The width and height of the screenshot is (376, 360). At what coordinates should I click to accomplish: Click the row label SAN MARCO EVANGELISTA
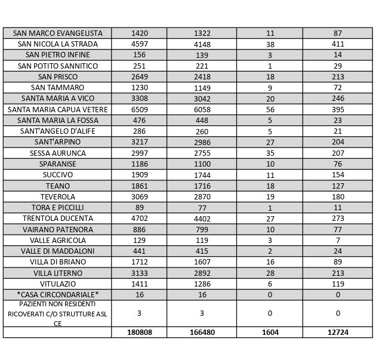pos(57,33)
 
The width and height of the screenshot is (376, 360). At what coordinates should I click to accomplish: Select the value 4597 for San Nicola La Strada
pos(140,44)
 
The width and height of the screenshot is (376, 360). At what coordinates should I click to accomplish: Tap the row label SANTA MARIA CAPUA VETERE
pos(57,109)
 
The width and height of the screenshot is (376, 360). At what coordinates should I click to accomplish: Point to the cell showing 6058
pos(202,109)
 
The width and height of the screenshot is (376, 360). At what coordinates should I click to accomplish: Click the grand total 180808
pos(140,333)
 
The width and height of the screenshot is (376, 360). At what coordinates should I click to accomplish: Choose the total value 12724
pos(338,333)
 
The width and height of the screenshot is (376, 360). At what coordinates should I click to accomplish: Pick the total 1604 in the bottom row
pos(270,333)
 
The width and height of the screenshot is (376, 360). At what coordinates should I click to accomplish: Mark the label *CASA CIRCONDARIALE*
pos(57,294)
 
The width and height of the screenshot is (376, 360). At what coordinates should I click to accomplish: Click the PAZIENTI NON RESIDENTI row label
pos(57,313)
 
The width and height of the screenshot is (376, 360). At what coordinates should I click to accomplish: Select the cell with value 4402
pos(202,219)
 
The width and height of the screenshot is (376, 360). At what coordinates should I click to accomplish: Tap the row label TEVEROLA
pos(57,196)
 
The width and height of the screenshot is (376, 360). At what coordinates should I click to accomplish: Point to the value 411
pos(338,44)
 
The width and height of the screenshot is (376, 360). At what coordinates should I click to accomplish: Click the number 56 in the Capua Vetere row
pos(270,109)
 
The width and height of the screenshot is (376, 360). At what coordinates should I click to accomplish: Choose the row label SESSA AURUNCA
pos(57,153)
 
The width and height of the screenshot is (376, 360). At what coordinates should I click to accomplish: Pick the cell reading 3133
pos(140,273)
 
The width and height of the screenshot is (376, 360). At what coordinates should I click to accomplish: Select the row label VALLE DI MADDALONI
pos(57,251)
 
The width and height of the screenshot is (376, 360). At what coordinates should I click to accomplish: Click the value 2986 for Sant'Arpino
pos(202,142)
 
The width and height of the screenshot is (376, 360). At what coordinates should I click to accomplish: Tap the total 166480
pos(202,333)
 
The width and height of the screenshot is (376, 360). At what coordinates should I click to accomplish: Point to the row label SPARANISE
pos(57,164)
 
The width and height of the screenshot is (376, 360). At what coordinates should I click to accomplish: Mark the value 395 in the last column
pos(338,109)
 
